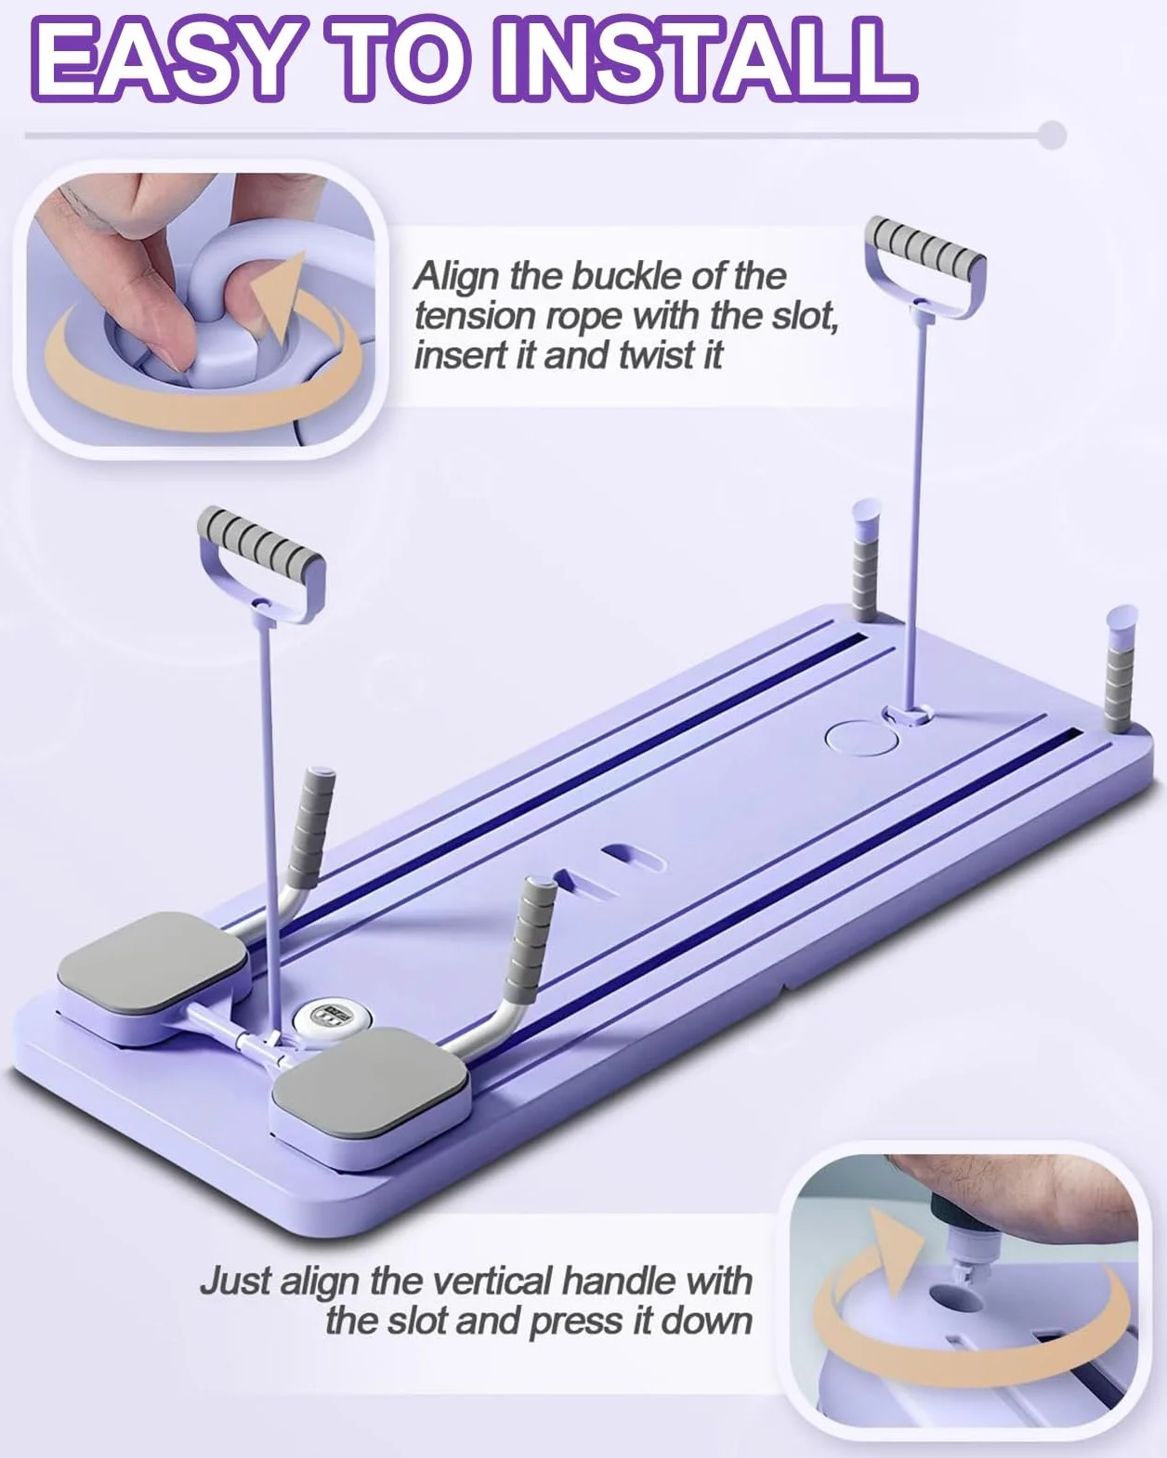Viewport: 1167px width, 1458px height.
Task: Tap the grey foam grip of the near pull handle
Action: [x=261, y=540]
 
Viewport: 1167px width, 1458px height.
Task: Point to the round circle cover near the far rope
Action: [x=859, y=737]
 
